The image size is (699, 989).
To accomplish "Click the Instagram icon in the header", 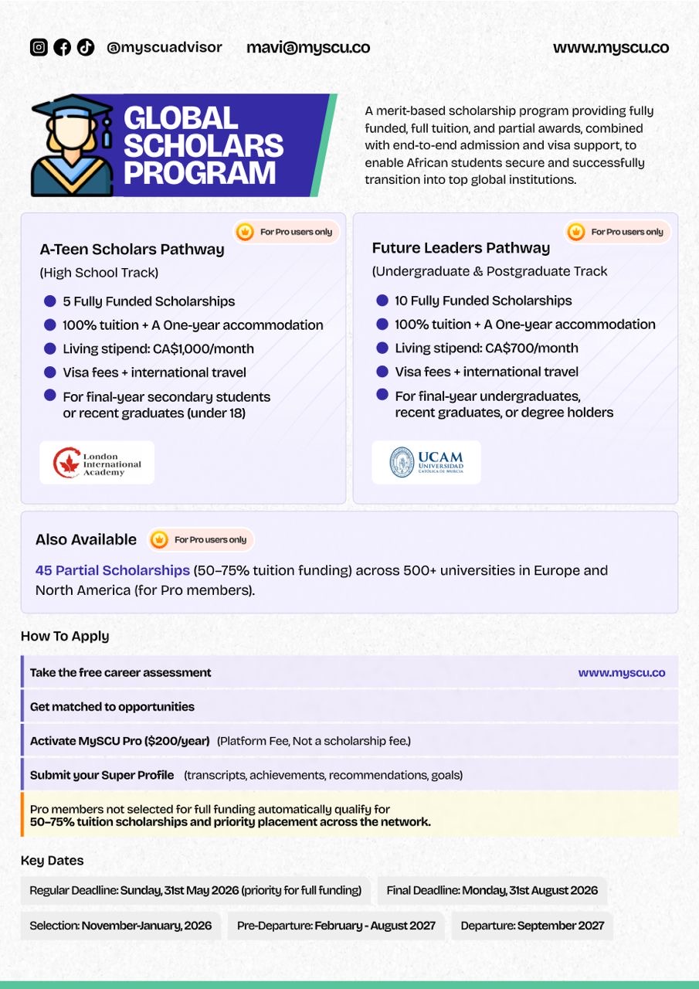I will click(x=39, y=47).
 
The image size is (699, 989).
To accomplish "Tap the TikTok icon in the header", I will click(x=85, y=47).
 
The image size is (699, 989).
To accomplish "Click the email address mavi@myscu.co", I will click(x=307, y=47).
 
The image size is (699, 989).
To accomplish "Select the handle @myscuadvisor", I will click(x=165, y=47).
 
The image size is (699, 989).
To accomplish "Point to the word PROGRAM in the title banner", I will click(x=199, y=172).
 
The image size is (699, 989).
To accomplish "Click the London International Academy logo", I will click(x=97, y=463).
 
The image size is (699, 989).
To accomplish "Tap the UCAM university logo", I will click(x=426, y=462).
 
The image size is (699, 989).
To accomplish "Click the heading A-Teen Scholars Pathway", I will click(x=132, y=250).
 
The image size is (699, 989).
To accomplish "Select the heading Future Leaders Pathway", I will click(x=461, y=248).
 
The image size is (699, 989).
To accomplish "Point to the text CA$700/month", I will click(x=531, y=348).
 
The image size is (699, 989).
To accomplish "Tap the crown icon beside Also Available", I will click(x=158, y=539).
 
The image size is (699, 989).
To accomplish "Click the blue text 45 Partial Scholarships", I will click(x=112, y=570).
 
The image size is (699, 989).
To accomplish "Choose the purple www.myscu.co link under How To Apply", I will click(x=621, y=672).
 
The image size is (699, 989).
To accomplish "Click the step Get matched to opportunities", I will click(x=112, y=706).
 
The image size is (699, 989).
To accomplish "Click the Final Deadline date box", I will click(x=492, y=890).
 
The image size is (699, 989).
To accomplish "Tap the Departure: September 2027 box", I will click(x=532, y=925).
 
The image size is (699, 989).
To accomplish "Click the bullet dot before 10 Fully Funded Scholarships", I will click(x=382, y=301).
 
